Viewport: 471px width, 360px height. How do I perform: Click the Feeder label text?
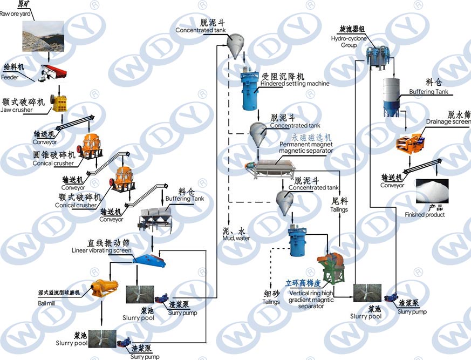point(10,77)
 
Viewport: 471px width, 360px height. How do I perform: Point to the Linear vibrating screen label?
point(101,250)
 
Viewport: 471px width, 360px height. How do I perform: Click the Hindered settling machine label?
point(294,84)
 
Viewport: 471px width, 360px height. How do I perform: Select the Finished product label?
point(425,214)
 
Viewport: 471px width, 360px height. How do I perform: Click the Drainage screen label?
point(448,121)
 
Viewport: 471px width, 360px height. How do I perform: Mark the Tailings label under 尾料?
point(339,209)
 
